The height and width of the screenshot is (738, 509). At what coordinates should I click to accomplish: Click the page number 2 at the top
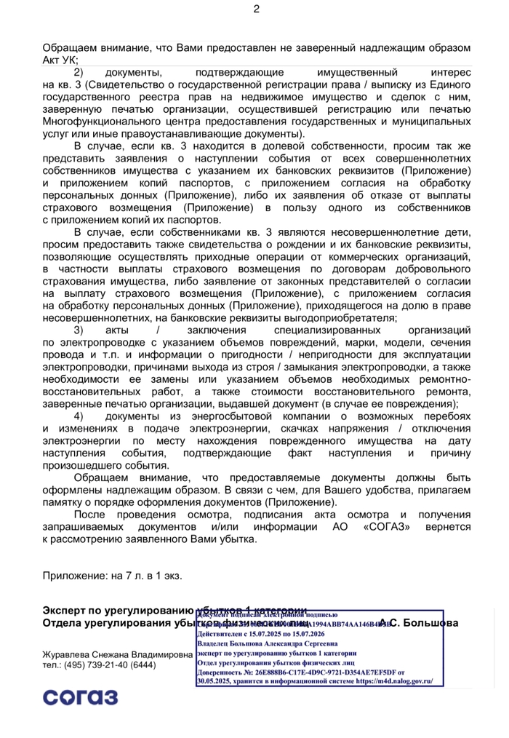click(256, 9)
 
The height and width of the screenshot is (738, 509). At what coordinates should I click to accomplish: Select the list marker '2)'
click(79, 73)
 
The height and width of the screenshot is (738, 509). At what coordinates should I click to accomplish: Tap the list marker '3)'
click(79, 330)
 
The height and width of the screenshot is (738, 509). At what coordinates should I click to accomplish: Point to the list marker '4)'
click(79, 416)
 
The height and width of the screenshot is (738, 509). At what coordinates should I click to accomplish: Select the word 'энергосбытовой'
click(248, 416)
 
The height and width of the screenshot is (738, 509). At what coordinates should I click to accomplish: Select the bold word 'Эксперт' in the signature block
click(67, 610)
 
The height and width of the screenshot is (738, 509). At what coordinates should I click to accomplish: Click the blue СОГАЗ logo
click(80, 699)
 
